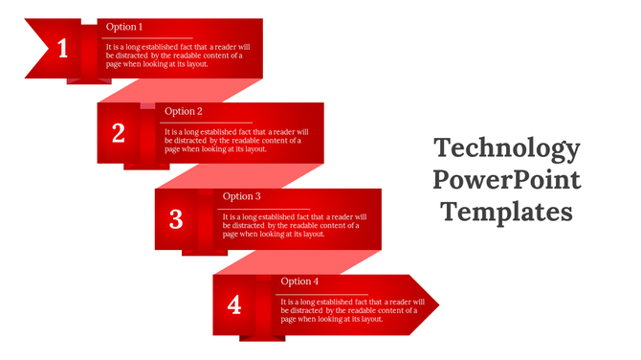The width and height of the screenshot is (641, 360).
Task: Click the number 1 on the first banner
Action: click(x=63, y=49)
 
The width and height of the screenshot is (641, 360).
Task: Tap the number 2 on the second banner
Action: click(x=119, y=134)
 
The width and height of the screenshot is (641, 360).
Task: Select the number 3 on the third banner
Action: click(x=176, y=220)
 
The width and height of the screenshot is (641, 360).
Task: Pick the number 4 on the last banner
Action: click(x=234, y=305)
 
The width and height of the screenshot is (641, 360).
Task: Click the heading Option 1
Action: click(x=124, y=27)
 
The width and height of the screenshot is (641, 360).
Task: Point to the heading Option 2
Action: click(x=184, y=111)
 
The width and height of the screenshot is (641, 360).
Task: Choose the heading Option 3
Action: click(x=242, y=196)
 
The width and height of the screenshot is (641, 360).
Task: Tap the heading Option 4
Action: click(x=300, y=281)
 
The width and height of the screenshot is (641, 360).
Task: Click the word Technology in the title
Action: click(x=506, y=148)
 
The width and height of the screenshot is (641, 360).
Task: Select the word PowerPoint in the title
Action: click(x=506, y=179)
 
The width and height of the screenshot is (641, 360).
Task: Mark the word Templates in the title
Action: click(x=506, y=210)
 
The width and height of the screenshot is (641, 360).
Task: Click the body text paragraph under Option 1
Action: click(x=174, y=56)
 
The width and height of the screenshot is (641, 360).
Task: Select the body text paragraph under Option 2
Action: click(x=233, y=141)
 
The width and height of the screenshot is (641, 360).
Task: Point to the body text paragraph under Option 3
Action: click(x=292, y=225)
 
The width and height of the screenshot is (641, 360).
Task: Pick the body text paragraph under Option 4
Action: click(x=350, y=310)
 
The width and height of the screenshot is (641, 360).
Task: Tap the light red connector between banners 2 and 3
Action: click(x=239, y=177)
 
